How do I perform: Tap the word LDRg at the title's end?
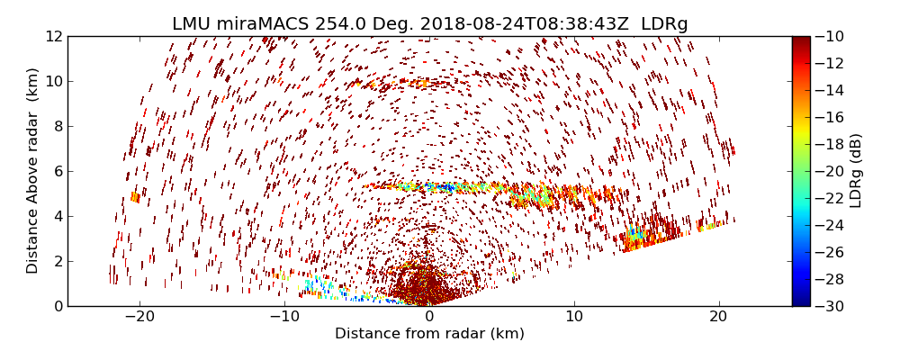point(664,24)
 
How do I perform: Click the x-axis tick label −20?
point(139,317)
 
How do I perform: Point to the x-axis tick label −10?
point(283,317)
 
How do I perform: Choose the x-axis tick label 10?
point(574,317)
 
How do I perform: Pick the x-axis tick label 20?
point(719,317)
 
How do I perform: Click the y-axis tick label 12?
point(52,37)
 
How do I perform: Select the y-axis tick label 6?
point(56,171)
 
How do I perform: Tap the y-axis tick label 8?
point(56,126)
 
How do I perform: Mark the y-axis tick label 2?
point(56,261)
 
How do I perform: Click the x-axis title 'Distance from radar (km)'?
point(429,334)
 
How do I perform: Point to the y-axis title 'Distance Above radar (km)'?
point(33,171)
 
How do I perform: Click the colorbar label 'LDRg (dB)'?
point(856,171)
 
